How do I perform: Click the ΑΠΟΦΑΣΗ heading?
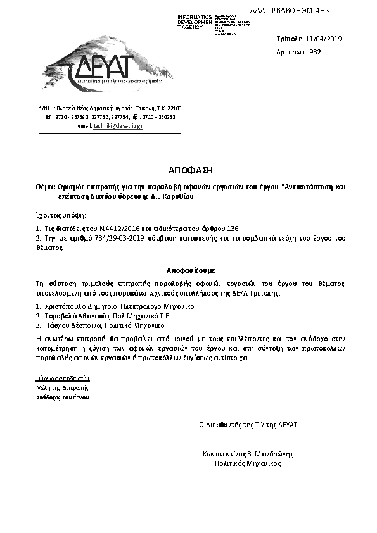pyautogui.click(x=188, y=171)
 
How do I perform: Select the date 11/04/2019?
pyautogui.click(x=324, y=39)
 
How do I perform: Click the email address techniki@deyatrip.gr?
pyautogui.click(x=118, y=127)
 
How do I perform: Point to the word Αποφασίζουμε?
pyautogui.click(x=188, y=269)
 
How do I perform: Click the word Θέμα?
pyautogui.click(x=46, y=188)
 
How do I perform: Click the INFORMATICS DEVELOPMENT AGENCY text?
pyautogui.click(x=195, y=22)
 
